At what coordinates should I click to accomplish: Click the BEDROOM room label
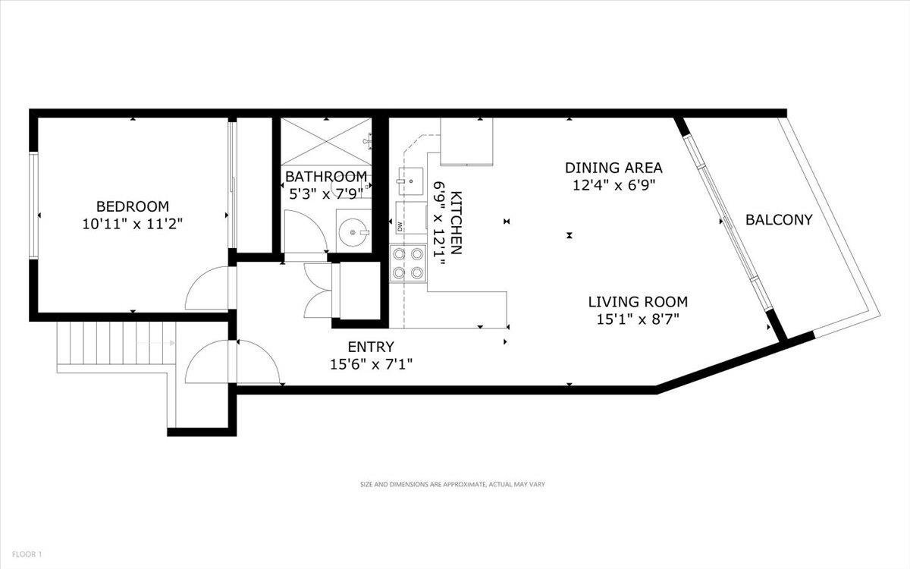click(x=133, y=206)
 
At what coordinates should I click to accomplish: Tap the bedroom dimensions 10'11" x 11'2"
click(x=133, y=224)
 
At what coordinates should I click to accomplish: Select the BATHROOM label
click(x=326, y=177)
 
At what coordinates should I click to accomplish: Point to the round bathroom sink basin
click(x=353, y=232)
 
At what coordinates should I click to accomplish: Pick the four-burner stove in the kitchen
click(x=408, y=263)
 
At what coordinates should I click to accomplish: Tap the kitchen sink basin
click(x=410, y=181)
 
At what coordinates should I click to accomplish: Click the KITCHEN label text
click(x=457, y=223)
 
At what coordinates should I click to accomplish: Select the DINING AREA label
click(x=613, y=168)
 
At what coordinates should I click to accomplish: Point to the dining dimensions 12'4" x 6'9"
click(x=614, y=186)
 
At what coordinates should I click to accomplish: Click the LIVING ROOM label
click(x=638, y=302)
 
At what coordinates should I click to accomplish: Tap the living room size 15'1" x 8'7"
click(x=638, y=319)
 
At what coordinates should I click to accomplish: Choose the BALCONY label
click(x=779, y=220)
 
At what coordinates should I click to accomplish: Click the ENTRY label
click(x=371, y=347)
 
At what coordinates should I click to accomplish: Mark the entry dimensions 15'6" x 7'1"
click(x=371, y=364)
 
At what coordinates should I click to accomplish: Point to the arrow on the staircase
click(x=156, y=343)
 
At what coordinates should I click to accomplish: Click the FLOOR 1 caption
click(x=27, y=554)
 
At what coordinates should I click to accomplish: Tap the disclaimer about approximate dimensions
click(x=453, y=485)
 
